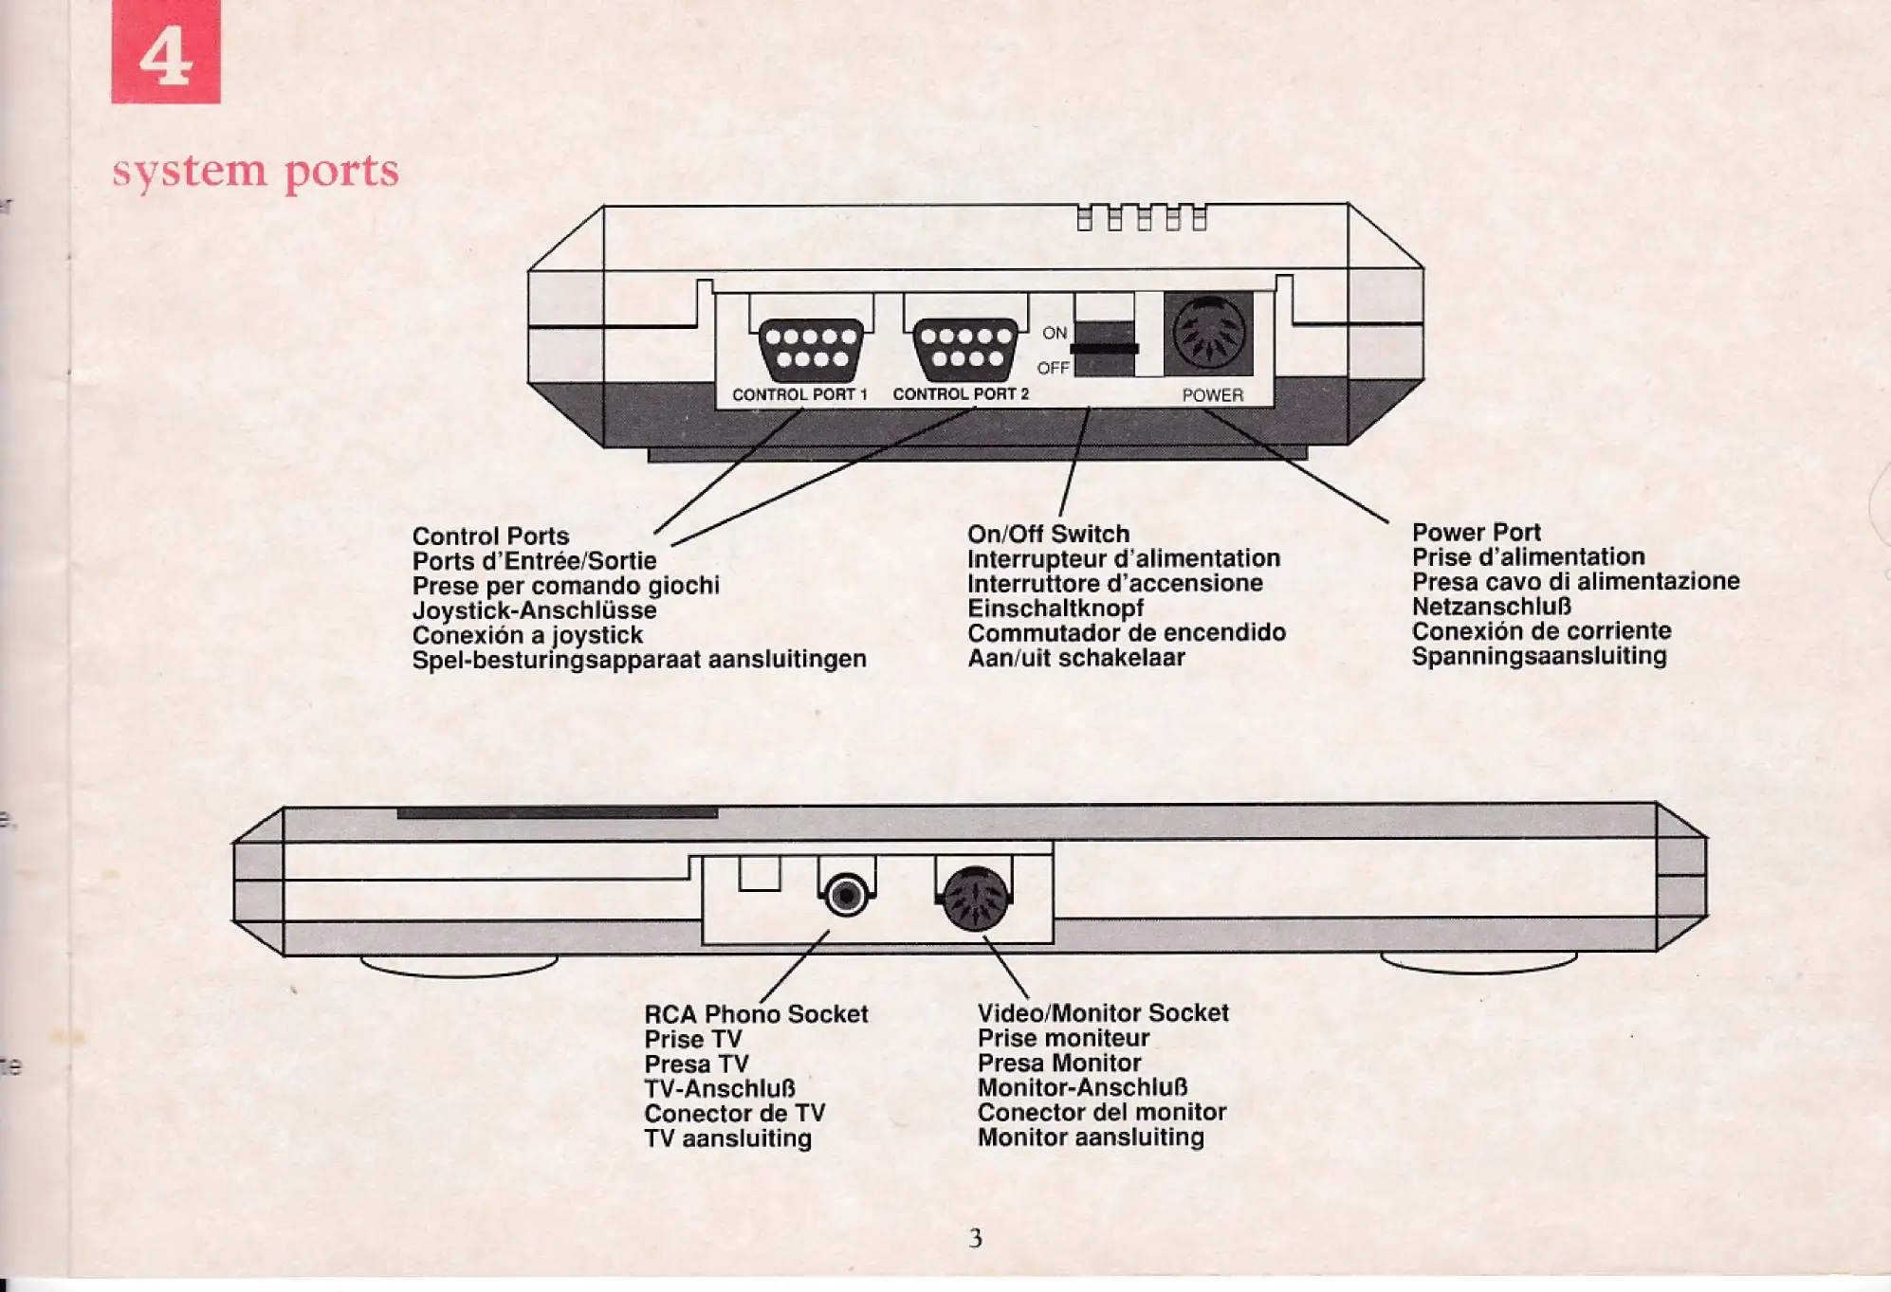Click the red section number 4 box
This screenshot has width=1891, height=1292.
click(166, 52)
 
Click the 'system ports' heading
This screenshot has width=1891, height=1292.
click(256, 172)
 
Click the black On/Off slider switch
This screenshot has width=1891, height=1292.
click(1104, 348)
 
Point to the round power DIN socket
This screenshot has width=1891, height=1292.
click(1208, 333)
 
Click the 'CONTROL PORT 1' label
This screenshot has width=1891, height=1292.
click(799, 394)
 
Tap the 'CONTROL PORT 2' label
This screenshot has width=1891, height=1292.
click(961, 393)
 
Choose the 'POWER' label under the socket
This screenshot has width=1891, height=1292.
click(1212, 395)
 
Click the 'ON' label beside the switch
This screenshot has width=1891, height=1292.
click(1055, 333)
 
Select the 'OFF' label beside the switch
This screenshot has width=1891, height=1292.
click(1053, 368)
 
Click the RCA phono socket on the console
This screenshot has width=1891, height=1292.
click(846, 895)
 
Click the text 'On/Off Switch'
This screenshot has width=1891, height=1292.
click(1048, 534)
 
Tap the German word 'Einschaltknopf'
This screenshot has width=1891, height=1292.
click(1055, 609)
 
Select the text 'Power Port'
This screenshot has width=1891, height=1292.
click(1476, 532)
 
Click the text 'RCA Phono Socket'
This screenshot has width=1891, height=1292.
click(756, 1014)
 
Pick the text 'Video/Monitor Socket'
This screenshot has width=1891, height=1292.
click(1103, 1012)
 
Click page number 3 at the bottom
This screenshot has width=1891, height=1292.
click(975, 1238)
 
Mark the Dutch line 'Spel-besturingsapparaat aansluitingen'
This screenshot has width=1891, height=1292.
click(639, 659)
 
